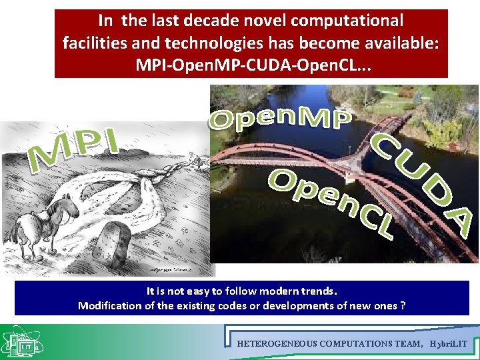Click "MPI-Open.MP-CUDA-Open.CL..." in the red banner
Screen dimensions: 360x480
[x=251, y=65]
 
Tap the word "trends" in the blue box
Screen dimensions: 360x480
[x=317, y=291]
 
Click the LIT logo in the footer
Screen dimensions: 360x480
[x=25, y=343]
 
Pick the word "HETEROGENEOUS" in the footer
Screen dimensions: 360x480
[x=277, y=344]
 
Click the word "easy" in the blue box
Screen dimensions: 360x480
[x=215, y=291]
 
